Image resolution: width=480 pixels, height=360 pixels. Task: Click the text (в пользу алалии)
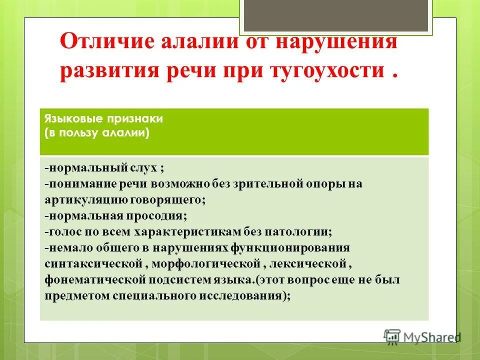[97, 133]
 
